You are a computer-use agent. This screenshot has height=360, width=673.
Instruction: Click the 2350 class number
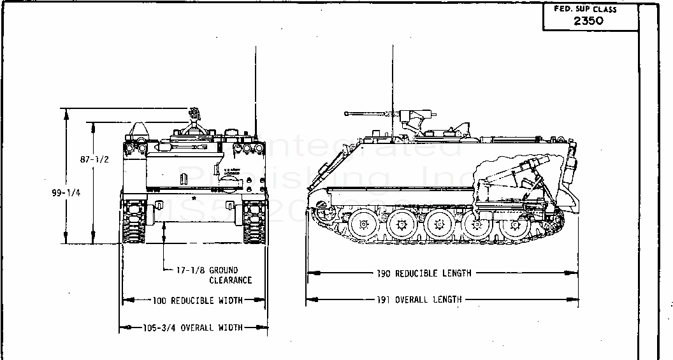point(588,20)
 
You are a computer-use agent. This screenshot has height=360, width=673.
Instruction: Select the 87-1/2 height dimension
point(94,159)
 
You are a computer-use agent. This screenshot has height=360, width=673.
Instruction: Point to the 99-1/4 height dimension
point(67,193)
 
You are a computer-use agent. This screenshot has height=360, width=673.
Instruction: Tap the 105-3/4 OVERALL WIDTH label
point(193,328)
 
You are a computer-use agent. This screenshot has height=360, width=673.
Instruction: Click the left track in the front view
point(134,222)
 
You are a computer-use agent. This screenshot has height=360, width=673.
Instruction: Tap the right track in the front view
point(254,222)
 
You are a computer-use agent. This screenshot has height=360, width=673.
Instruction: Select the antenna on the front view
point(256,89)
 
